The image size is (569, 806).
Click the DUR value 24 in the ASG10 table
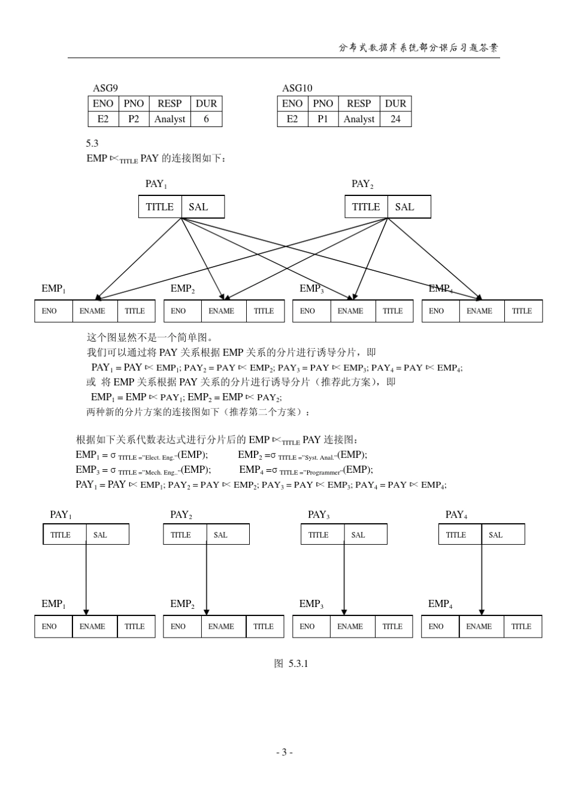click(x=395, y=119)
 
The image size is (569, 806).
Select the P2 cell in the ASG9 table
click(x=134, y=119)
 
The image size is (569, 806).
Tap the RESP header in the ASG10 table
click(x=359, y=103)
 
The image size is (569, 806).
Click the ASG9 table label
click(x=105, y=88)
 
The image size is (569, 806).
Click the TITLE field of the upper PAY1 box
click(x=160, y=207)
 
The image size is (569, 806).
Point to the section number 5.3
click(x=92, y=143)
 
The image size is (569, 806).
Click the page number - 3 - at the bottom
click(x=284, y=752)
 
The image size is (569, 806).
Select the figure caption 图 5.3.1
click(x=290, y=663)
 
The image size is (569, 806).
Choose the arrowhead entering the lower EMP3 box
click(x=344, y=611)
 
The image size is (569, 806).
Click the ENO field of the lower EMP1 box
click(x=49, y=626)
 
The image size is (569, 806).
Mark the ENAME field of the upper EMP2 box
click(x=221, y=311)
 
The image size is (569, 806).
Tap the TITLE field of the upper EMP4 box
click(x=522, y=311)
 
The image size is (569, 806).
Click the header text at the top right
click(x=418, y=48)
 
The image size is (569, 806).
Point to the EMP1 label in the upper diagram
click(x=53, y=289)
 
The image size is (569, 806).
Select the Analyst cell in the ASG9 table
click(x=170, y=119)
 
